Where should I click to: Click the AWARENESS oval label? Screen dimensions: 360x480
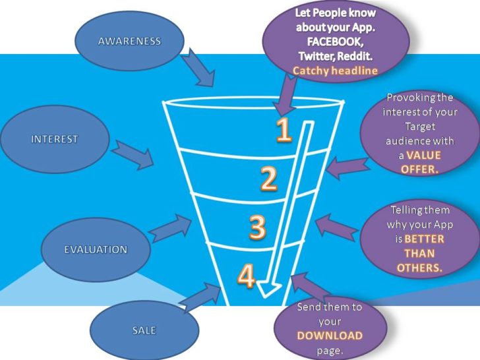(x=129, y=41)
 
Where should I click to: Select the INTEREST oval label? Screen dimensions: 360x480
(x=54, y=139)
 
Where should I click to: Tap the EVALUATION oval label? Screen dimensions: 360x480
(x=95, y=249)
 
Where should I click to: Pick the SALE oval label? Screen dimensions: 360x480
(x=143, y=330)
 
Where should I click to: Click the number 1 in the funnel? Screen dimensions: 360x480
(x=284, y=131)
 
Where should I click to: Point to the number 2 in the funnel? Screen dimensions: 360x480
(x=268, y=179)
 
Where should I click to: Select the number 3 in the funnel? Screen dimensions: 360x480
(x=257, y=227)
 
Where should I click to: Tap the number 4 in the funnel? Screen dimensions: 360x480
(x=246, y=277)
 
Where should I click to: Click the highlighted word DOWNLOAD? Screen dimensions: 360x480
(x=330, y=335)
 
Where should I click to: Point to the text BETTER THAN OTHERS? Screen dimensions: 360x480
(x=420, y=253)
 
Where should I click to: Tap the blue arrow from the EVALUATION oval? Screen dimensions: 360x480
(x=170, y=228)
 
